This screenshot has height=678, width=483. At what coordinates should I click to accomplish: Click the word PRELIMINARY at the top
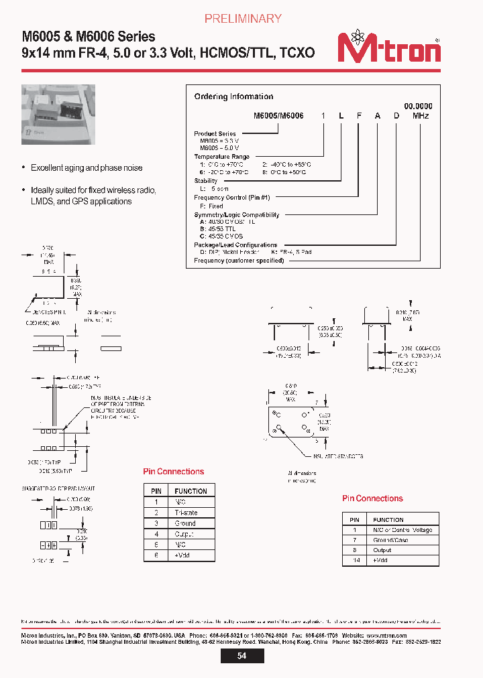point(242,19)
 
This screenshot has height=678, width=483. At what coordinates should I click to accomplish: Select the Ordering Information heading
point(233,96)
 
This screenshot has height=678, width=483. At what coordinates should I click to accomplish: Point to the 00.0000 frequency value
point(418,107)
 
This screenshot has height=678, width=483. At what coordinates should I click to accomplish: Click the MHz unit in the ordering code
point(421,116)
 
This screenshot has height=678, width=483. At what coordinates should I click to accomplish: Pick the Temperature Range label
point(221,157)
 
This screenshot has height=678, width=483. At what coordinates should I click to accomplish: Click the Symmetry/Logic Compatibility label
point(236,215)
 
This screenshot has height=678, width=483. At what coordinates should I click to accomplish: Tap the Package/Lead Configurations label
point(235,245)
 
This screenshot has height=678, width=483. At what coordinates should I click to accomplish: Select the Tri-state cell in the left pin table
point(185,513)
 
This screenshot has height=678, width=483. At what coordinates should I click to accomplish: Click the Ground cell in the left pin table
point(184,523)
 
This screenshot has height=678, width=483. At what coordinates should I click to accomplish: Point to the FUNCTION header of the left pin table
point(191,491)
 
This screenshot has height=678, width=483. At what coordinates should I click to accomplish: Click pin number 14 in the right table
point(355,559)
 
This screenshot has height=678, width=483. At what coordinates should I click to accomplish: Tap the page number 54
point(241,656)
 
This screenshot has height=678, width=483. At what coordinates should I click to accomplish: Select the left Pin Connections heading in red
point(174,472)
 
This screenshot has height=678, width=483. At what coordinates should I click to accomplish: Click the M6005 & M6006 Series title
point(89,37)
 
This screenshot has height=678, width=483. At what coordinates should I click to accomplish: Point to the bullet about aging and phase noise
point(87,168)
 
